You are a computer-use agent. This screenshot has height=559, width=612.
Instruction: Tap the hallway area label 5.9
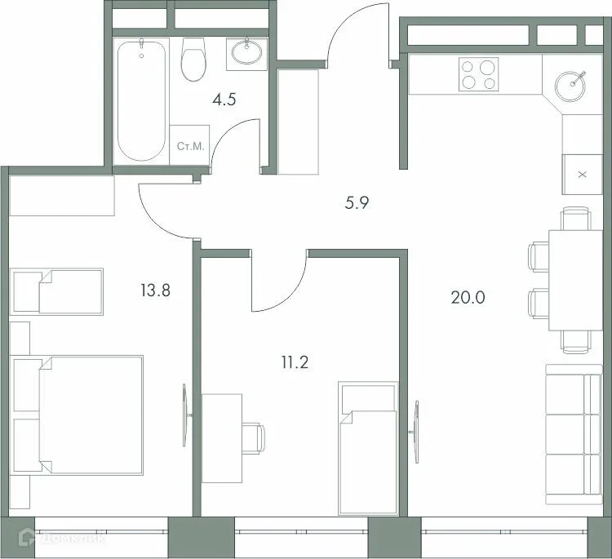tap(357, 203)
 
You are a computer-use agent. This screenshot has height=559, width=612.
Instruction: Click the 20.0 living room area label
tap(468, 297)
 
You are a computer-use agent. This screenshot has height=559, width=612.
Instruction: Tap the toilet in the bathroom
tap(193, 60)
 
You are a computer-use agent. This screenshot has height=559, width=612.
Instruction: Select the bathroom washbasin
tap(246, 52)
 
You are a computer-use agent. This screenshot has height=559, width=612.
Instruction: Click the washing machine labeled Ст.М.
tap(190, 147)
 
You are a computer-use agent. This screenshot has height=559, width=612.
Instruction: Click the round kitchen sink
tap(571, 83)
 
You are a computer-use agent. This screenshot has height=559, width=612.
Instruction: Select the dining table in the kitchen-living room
tap(574, 280)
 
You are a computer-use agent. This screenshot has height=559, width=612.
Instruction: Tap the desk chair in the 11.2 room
tap(255, 437)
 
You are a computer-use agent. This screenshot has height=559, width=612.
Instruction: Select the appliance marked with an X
tap(582, 174)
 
